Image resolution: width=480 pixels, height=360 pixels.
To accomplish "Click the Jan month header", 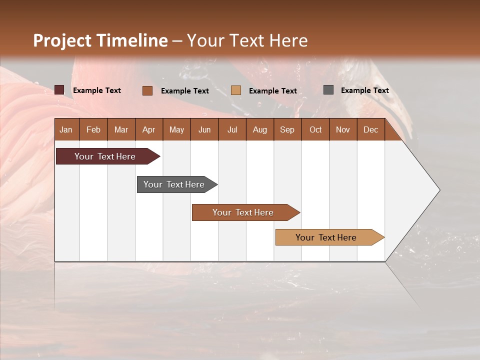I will (66, 129).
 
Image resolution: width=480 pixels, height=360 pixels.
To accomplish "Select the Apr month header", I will (148, 129).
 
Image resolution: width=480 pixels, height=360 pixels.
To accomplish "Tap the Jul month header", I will (232, 129).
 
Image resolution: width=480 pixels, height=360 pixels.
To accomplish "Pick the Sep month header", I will (287, 129).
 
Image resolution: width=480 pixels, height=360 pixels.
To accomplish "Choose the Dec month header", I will (370, 129).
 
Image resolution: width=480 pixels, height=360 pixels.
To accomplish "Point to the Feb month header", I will (93, 129).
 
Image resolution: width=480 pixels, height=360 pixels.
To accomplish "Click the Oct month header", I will (315, 129).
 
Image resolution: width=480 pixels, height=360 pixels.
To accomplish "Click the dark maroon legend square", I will (59, 90).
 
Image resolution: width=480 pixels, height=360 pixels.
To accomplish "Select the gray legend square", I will (328, 90).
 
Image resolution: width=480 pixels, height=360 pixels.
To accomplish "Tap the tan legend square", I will (236, 90).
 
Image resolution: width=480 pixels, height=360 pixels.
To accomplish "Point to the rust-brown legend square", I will (147, 90).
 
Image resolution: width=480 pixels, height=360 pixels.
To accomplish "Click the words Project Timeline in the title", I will (100, 40).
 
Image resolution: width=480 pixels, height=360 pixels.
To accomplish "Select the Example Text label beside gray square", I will (364, 90).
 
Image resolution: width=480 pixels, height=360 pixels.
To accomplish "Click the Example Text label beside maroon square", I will (97, 90).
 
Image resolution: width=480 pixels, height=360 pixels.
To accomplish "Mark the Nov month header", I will (343, 129).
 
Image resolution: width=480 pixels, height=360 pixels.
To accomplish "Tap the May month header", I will (176, 129).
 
